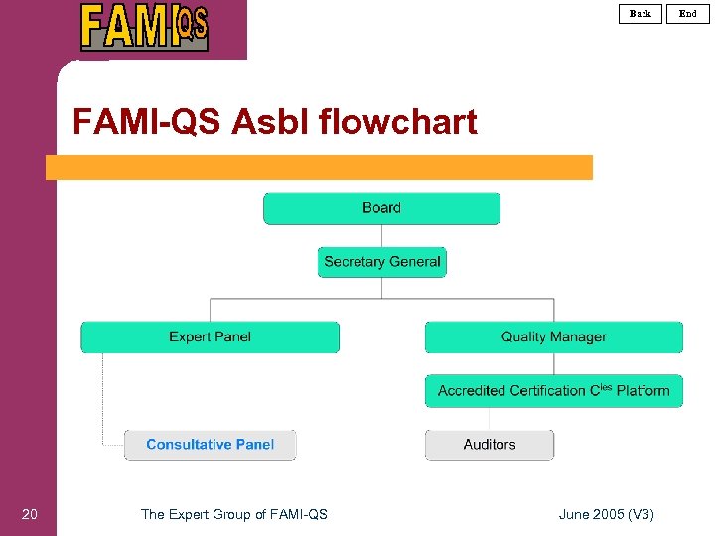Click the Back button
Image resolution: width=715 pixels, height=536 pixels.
point(641,13)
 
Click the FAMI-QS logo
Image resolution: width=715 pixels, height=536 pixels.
point(145,27)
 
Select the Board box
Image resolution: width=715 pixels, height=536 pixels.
point(381,208)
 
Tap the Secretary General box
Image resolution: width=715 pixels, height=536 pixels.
point(382,262)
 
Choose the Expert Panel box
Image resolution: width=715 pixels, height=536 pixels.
point(210,337)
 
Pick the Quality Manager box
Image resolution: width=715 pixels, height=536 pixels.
point(553,337)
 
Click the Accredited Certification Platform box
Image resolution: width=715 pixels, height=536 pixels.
point(553,391)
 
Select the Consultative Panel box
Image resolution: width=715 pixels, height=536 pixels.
point(210,445)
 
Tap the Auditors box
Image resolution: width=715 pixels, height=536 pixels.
point(490,445)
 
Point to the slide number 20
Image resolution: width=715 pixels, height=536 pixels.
point(30,513)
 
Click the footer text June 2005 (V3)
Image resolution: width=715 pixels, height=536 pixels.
point(606,513)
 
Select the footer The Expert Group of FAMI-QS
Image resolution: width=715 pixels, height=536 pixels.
point(234,513)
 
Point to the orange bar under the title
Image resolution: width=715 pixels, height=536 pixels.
point(318,167)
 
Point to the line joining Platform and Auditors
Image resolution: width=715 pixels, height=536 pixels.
point(490,418)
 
